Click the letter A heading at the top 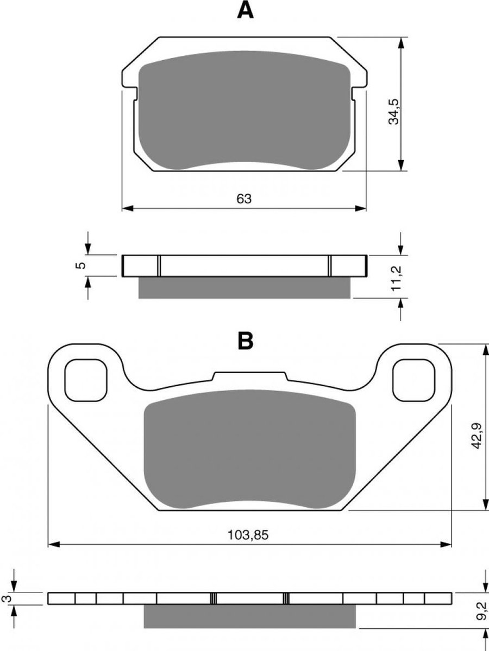(245, 11)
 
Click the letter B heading (246, 341)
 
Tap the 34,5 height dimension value (395, 112)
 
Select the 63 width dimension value (244, 199)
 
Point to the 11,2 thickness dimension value (397, 278)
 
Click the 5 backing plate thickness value (80, 265)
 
